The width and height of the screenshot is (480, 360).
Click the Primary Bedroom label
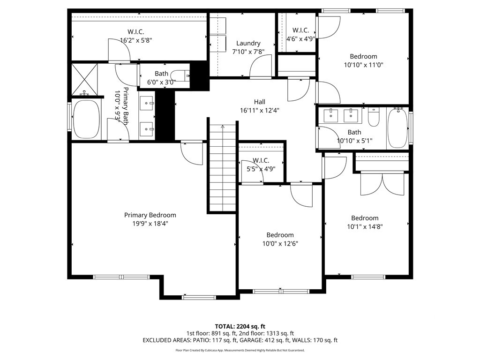click(x=150, y=215)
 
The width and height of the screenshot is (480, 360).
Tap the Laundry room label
click(x=248, y=43)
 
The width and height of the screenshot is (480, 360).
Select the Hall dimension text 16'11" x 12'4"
click(x=260, y=110)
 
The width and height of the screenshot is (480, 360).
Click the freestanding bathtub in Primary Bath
click(x=87, y=119)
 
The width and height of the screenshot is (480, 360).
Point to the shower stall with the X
click(x=84, y=79)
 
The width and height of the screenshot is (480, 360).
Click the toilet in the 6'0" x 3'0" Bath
click(x=180, y=75)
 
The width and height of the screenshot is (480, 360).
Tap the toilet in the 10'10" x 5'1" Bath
click(x=374, y=117)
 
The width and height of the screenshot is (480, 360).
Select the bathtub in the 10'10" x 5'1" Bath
click(x=397, y=128)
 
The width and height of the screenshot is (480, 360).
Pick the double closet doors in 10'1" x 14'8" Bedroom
click(x=382, y=184)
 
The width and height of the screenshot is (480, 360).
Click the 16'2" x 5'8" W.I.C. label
click(x=136, y=36)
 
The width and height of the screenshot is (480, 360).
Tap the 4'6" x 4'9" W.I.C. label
click(x=300, y=35)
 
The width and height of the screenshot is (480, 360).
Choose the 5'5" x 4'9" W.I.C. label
click(x=261, y=165)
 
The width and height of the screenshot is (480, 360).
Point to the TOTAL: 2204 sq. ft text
click(x=240, y=326)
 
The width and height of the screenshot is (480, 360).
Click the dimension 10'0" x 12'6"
click(x=280, y=244)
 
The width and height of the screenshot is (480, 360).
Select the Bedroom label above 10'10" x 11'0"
click(x=363, y=56)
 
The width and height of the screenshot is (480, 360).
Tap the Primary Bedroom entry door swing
click(x=192, y=153)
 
